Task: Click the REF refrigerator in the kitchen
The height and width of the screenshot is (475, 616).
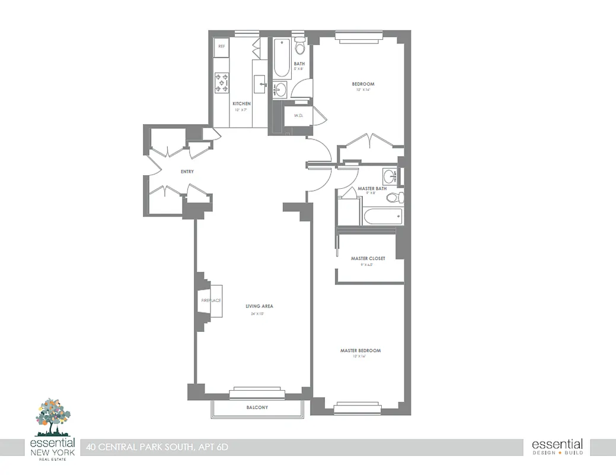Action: tap(222, 47)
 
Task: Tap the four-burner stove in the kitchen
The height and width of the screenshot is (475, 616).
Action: tap(222, 83)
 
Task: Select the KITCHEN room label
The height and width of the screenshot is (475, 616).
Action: tap(241, 104)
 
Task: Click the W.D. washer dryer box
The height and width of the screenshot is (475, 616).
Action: tap(298, 116)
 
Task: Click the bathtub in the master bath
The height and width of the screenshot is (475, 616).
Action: tap(382, 216)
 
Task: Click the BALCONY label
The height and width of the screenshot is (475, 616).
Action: tap(257, 408)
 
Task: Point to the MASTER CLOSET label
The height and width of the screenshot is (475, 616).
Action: tap(368, 259)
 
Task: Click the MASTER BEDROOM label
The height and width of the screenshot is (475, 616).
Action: tap(360, 351)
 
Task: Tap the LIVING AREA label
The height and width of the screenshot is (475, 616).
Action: tap(259, 306)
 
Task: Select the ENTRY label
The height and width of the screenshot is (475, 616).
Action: tap(187, 172)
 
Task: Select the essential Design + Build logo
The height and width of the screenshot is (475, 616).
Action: tap(557, 447)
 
